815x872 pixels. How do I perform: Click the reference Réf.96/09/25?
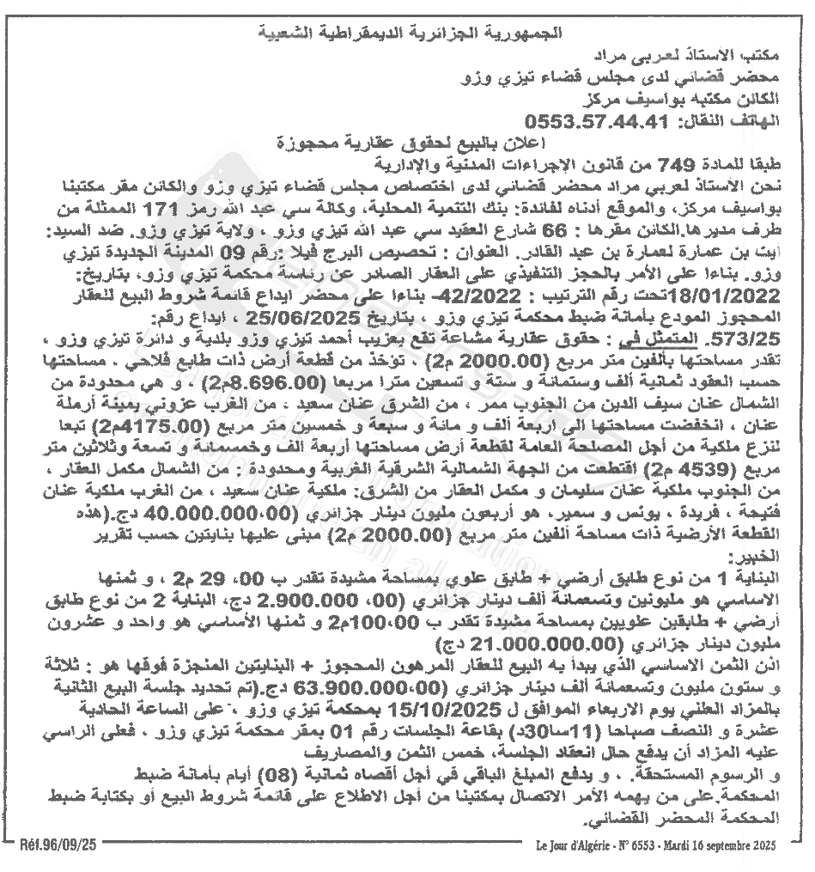click(58, 845)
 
